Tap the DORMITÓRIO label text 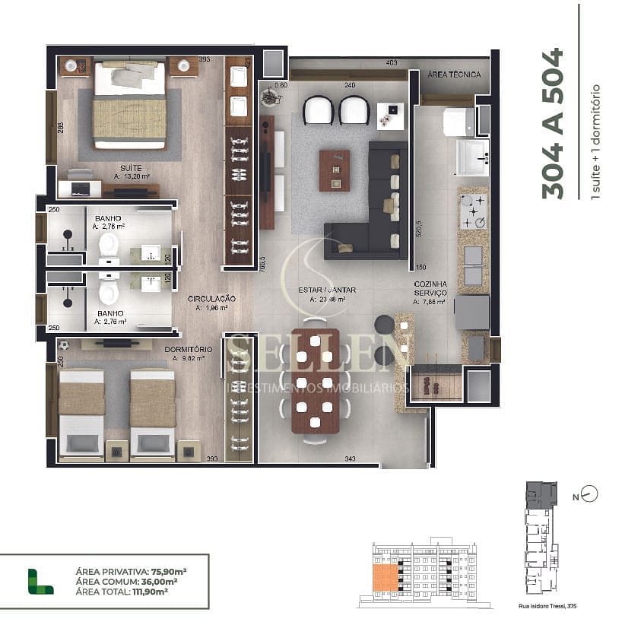(188, 349)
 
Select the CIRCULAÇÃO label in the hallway (211, 299)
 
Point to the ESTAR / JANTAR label (328, 290)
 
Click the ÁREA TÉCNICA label (453, 75)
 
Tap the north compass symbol (589, 494)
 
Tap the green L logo (40, 581)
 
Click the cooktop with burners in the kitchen (473, 212)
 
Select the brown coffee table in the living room (334, 170)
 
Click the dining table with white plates (315, 381)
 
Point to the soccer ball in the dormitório (64, 345)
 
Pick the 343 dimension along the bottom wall (350, 459)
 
